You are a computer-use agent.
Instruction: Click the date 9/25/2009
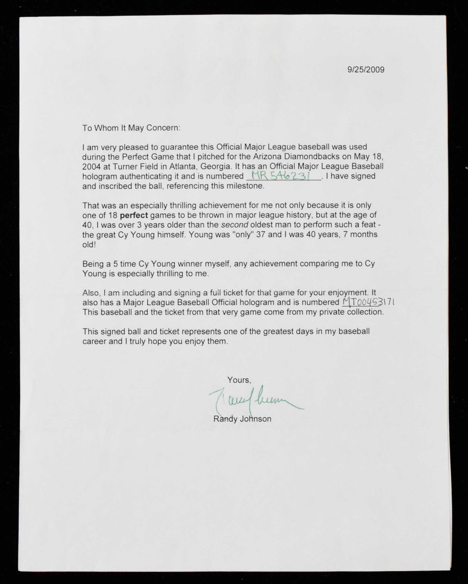pyautogui.click(x=366, y=70)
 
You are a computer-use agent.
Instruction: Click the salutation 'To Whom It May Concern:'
pyautogui.click(x=131, y=128)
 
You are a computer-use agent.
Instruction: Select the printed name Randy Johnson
pyautogui.click(x=242, y=419)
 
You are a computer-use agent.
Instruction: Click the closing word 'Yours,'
pyautogui.click(x=239, y=380)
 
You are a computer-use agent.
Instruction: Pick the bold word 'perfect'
pyautogui.click(x=134, y=215)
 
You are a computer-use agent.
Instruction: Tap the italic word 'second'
pyautogui.click(x=234, y=225)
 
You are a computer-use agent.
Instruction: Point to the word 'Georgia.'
pyautogui.click(x=215, y=167)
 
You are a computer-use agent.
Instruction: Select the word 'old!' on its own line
pyautogui.click(x=89, y=245)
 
